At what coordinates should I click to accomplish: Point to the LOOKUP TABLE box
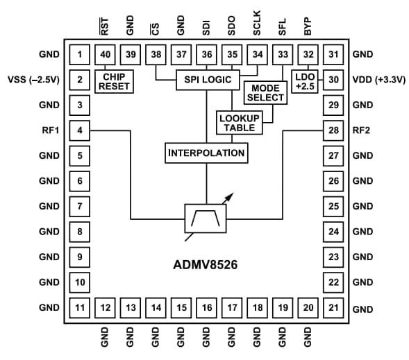pos(238,123)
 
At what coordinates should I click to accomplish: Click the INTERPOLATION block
pos(206,152)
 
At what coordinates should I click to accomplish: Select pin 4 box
pos(81,130)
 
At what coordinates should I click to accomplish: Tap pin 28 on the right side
pos(334,130)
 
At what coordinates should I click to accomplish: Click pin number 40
pos(106,55)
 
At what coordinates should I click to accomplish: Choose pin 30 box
pos(334,80)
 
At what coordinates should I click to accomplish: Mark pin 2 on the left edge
pos(81,80)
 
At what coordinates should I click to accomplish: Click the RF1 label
pos(50,130)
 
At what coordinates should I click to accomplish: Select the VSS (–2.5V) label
pos(32,80)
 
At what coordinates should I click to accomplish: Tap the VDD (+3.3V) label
pos(379,80)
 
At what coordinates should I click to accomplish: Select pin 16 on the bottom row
pos(206,307)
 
